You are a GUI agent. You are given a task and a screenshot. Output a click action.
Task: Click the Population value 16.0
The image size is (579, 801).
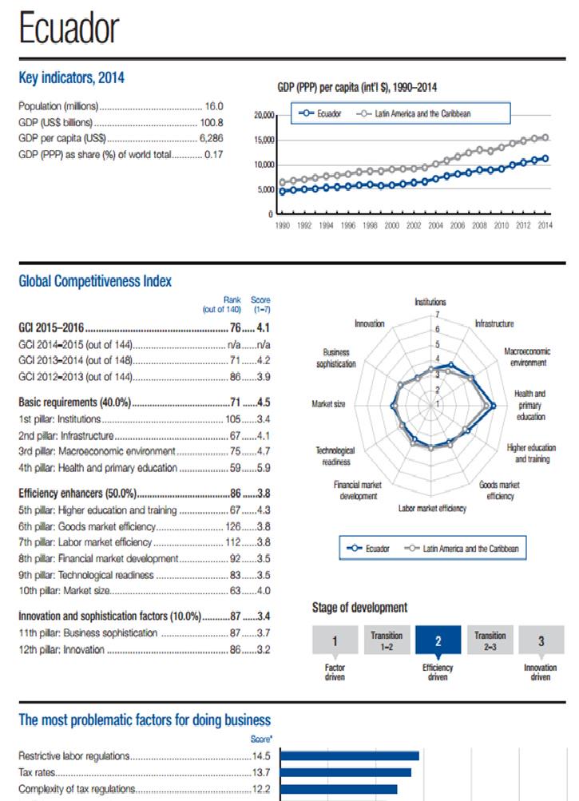214,105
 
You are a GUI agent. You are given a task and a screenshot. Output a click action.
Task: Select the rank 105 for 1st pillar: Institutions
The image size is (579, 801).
232,418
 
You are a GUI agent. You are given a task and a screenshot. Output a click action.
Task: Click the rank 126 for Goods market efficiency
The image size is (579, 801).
232,525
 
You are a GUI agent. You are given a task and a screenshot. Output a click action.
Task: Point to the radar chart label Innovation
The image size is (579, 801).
369,323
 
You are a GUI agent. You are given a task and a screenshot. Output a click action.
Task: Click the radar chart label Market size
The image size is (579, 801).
328,404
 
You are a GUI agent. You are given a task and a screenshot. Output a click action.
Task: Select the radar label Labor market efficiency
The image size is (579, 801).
432,508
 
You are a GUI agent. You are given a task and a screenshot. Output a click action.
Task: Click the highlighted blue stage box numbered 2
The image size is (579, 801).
438,640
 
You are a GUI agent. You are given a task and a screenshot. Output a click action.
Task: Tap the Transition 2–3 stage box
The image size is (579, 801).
490,640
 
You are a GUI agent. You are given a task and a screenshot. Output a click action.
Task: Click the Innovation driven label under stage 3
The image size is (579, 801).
540,672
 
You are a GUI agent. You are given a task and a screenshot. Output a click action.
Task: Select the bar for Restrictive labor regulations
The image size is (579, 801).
349,755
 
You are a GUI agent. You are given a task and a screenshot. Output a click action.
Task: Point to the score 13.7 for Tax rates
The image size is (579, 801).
261,772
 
